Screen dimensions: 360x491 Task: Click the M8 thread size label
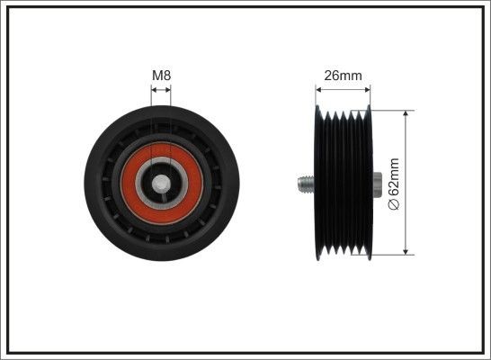161,76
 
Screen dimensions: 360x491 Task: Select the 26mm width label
343,76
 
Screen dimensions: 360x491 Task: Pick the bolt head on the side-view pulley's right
376,184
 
